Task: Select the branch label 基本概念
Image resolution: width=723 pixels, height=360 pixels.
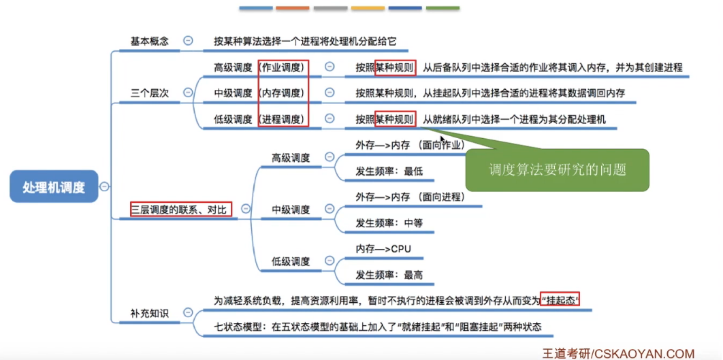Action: [x=149, y=42]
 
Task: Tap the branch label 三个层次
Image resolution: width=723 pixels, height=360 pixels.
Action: [x=149, y=93]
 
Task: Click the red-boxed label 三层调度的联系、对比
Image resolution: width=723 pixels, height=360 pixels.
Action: [x=181, y=210]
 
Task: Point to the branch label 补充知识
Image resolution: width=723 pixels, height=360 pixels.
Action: [x=149, y=314]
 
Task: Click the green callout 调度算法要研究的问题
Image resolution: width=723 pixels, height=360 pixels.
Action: [x=557, y=169]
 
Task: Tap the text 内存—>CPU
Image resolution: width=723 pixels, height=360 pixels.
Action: [x=384, y=248]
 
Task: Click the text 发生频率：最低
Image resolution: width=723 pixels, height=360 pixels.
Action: [x=389, y=171]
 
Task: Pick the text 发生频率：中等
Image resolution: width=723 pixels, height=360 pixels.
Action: [x=389, y=223]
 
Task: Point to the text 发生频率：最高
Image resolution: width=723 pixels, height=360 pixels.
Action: [x=389, y=274]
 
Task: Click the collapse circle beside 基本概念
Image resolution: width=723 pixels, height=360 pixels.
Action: [x=188, y=41]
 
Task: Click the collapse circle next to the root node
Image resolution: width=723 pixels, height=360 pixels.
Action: [x=104, y=186]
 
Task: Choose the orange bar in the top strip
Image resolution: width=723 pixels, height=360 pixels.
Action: [x=293, y=9]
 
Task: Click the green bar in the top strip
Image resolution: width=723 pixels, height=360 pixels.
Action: [x=443, y=9]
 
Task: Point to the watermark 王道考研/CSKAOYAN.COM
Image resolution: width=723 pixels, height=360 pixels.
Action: [x=618, y=353]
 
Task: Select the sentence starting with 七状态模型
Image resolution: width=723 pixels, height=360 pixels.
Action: [x=378, y=327]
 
